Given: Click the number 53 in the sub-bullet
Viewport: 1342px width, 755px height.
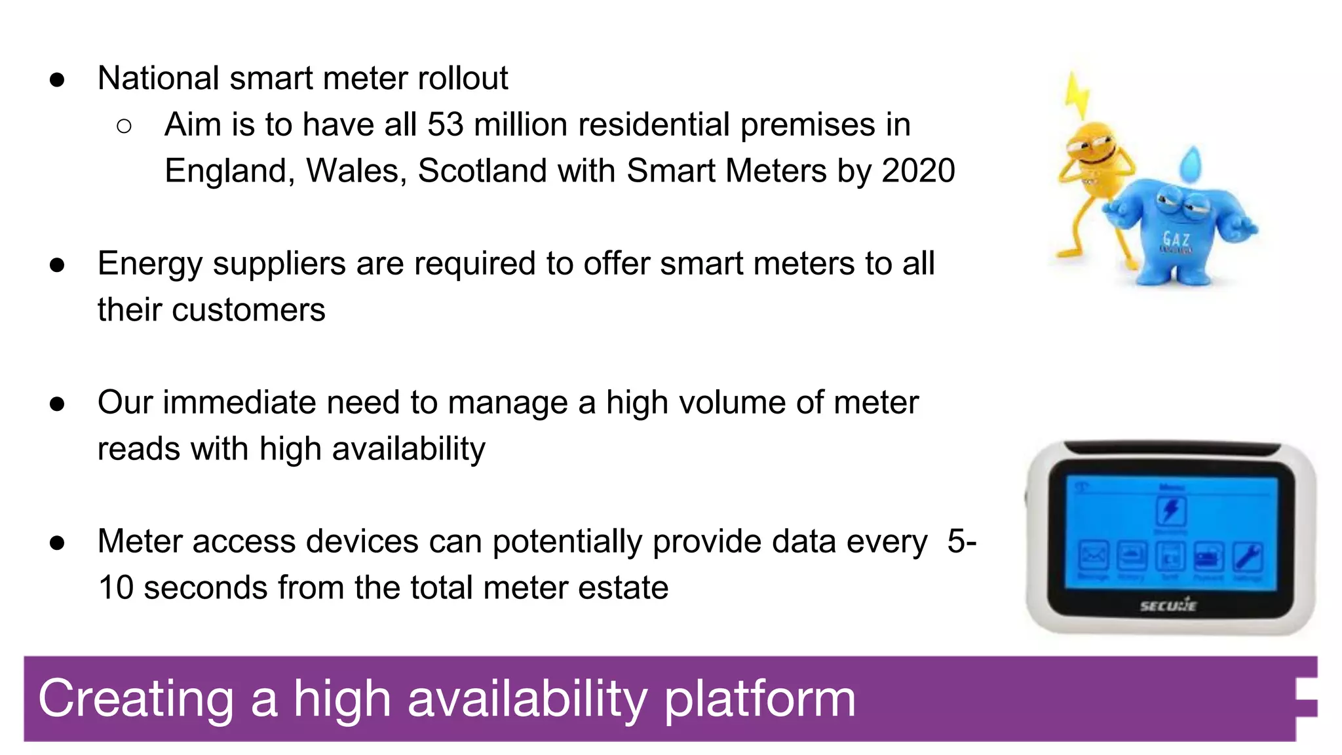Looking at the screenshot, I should point(445,125).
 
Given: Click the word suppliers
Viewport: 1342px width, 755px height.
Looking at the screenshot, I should point(279,264).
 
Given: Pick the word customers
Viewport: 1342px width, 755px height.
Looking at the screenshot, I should point(248,310).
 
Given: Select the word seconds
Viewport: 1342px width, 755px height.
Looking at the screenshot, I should point(204,588).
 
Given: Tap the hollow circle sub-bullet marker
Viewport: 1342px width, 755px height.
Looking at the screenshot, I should point(124,126).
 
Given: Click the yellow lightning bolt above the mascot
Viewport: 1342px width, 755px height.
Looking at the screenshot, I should point(1077,96).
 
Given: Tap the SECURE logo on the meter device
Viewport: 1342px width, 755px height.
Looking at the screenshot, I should point(1168,606).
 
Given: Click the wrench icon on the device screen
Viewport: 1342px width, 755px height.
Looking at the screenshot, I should point(1248,558).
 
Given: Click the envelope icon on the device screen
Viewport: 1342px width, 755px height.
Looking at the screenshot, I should point(1093,557).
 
